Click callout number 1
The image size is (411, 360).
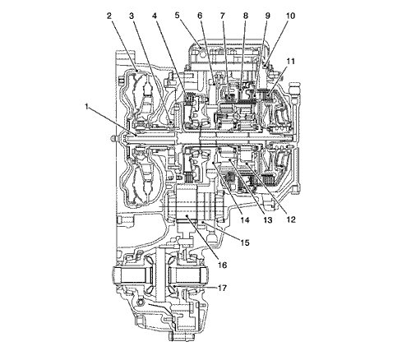(87, 107)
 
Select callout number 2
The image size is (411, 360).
(109, 16)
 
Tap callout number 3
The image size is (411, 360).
(132, 16)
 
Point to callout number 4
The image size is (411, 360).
(155, 16)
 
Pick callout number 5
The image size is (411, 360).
(178, 16)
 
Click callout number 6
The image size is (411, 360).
(200, 16)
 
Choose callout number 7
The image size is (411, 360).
(222, 16)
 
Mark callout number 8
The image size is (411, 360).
(245, 16)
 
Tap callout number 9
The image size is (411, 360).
(268, 16)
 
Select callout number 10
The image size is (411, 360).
(291, 16)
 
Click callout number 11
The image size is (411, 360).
(290, 62)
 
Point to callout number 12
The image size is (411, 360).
(291, 219)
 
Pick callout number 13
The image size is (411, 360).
(267, 219)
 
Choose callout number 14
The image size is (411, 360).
(245, 219)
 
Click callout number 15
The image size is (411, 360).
(245, 242)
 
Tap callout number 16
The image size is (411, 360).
(222, 265)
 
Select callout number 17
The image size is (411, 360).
(222, 288)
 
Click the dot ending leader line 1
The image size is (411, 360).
(136, 135)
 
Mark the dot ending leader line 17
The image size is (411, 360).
(174, 287)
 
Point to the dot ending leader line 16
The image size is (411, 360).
(187, 216)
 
